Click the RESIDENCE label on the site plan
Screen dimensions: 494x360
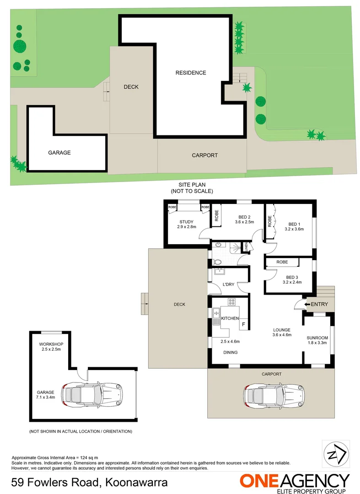pos(191,73)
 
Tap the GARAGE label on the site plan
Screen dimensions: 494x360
pos(59,153)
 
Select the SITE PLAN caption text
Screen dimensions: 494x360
pos(191,185)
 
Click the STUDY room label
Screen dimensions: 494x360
pos(186,222)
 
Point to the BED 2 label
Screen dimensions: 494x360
pos(244,217)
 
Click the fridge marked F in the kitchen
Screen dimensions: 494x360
pos(243,324)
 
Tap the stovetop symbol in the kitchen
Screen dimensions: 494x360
pos(231,302)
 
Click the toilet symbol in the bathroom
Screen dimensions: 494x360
pos(217,262)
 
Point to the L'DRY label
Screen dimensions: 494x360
pos(228,285)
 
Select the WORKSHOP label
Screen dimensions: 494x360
pos(51,344)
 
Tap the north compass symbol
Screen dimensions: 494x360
pos(336,454)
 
